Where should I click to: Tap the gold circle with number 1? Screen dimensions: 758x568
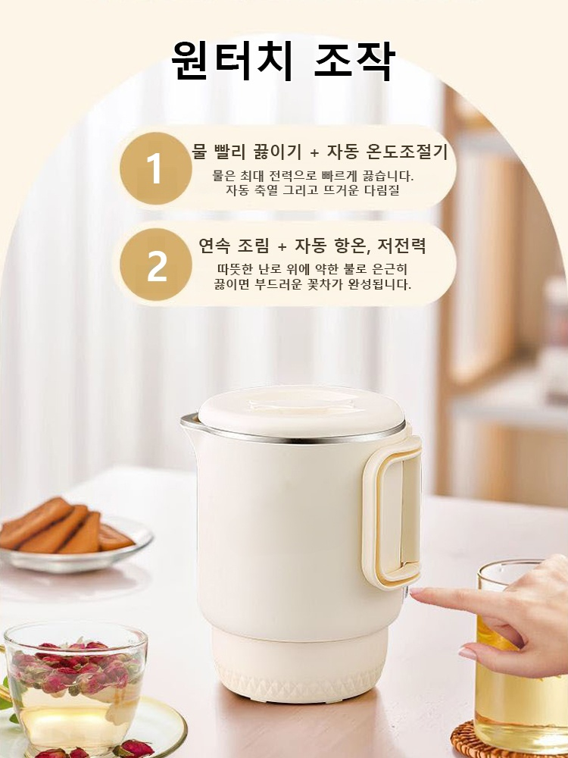(x=155, y=168)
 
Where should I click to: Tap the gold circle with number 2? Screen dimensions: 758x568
(x=156, y=265)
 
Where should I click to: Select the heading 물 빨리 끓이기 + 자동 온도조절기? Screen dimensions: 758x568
(x=320, y=152)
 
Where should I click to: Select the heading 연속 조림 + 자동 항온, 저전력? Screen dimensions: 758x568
(x=312, y=246)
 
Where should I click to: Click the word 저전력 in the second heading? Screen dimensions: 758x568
(x=400, y=246)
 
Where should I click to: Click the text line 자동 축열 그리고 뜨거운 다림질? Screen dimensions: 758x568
(x=312, y=190)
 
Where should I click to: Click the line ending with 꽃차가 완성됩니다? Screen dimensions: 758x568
(x=312, y=285)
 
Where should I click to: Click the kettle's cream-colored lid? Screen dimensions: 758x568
(x=301, y=410)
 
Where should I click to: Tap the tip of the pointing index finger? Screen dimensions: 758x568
(x=415, y=594)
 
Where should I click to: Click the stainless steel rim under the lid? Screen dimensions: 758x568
(x=303, y=437)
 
